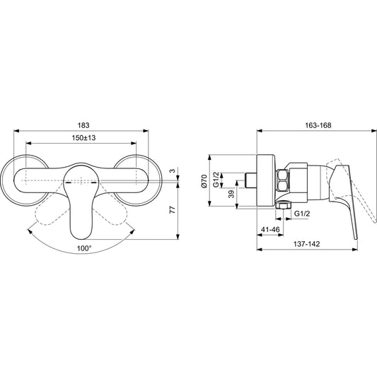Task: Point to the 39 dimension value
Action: tap(231, 194)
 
